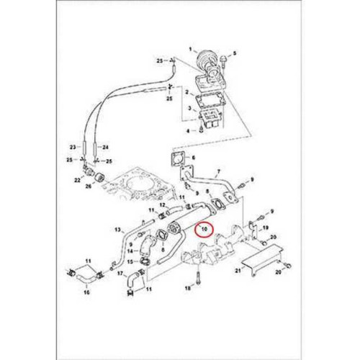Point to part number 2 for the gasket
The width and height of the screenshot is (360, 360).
(186, 92)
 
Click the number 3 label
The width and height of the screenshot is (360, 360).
(186, 107)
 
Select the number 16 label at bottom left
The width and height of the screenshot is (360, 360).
(86, 292)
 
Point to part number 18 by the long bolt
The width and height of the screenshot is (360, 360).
(186, 288)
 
